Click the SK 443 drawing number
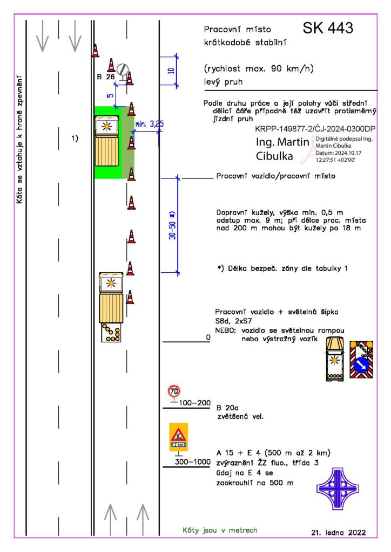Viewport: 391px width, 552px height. [x=328, y=28]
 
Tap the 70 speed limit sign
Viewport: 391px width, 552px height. [x=174, y=391]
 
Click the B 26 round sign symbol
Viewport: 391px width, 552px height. [x=123, y=70]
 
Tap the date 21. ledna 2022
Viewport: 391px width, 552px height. [x=338, y=532]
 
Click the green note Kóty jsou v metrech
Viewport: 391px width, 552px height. [x=219, y=530]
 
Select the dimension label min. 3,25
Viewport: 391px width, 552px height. [x=149, y=125]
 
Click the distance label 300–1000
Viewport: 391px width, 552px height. [x=192, y=461]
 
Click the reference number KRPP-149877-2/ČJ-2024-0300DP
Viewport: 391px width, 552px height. [x=315, y=129]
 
